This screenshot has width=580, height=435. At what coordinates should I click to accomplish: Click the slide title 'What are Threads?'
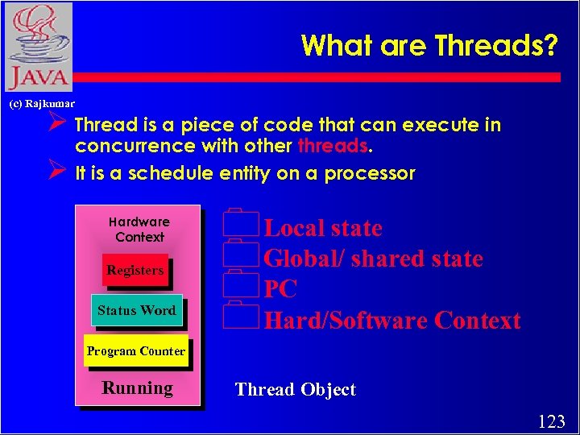(x=429, y=46)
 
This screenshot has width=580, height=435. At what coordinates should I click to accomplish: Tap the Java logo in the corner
(x=38, y=47)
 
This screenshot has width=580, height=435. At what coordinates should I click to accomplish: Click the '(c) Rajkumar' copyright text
(x=41, y=104)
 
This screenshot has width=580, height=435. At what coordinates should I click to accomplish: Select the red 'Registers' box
(x=135, y=271)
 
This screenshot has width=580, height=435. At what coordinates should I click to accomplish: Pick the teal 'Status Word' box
(x=136, y=310)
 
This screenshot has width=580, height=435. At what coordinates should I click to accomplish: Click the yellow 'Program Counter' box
(x=135, y=351)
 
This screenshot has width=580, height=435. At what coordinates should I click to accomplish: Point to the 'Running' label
(x=137, y=388)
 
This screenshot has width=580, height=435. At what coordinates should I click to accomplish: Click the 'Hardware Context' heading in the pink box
(x=139, y=230)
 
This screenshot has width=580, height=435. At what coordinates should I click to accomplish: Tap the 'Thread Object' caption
(x=295, y=390)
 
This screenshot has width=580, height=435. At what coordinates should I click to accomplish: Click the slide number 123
(x=551, y=420)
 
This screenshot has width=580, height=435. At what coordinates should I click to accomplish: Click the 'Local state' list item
(x=323, y=228)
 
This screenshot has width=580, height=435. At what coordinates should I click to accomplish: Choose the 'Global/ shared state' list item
(x=373, y=259)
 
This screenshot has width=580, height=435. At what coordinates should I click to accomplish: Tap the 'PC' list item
(x=280, y=289)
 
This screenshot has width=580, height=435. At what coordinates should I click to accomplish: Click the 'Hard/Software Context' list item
(x=392, y=321)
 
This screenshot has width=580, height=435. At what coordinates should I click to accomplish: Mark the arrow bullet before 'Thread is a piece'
(x=56, y=126)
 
